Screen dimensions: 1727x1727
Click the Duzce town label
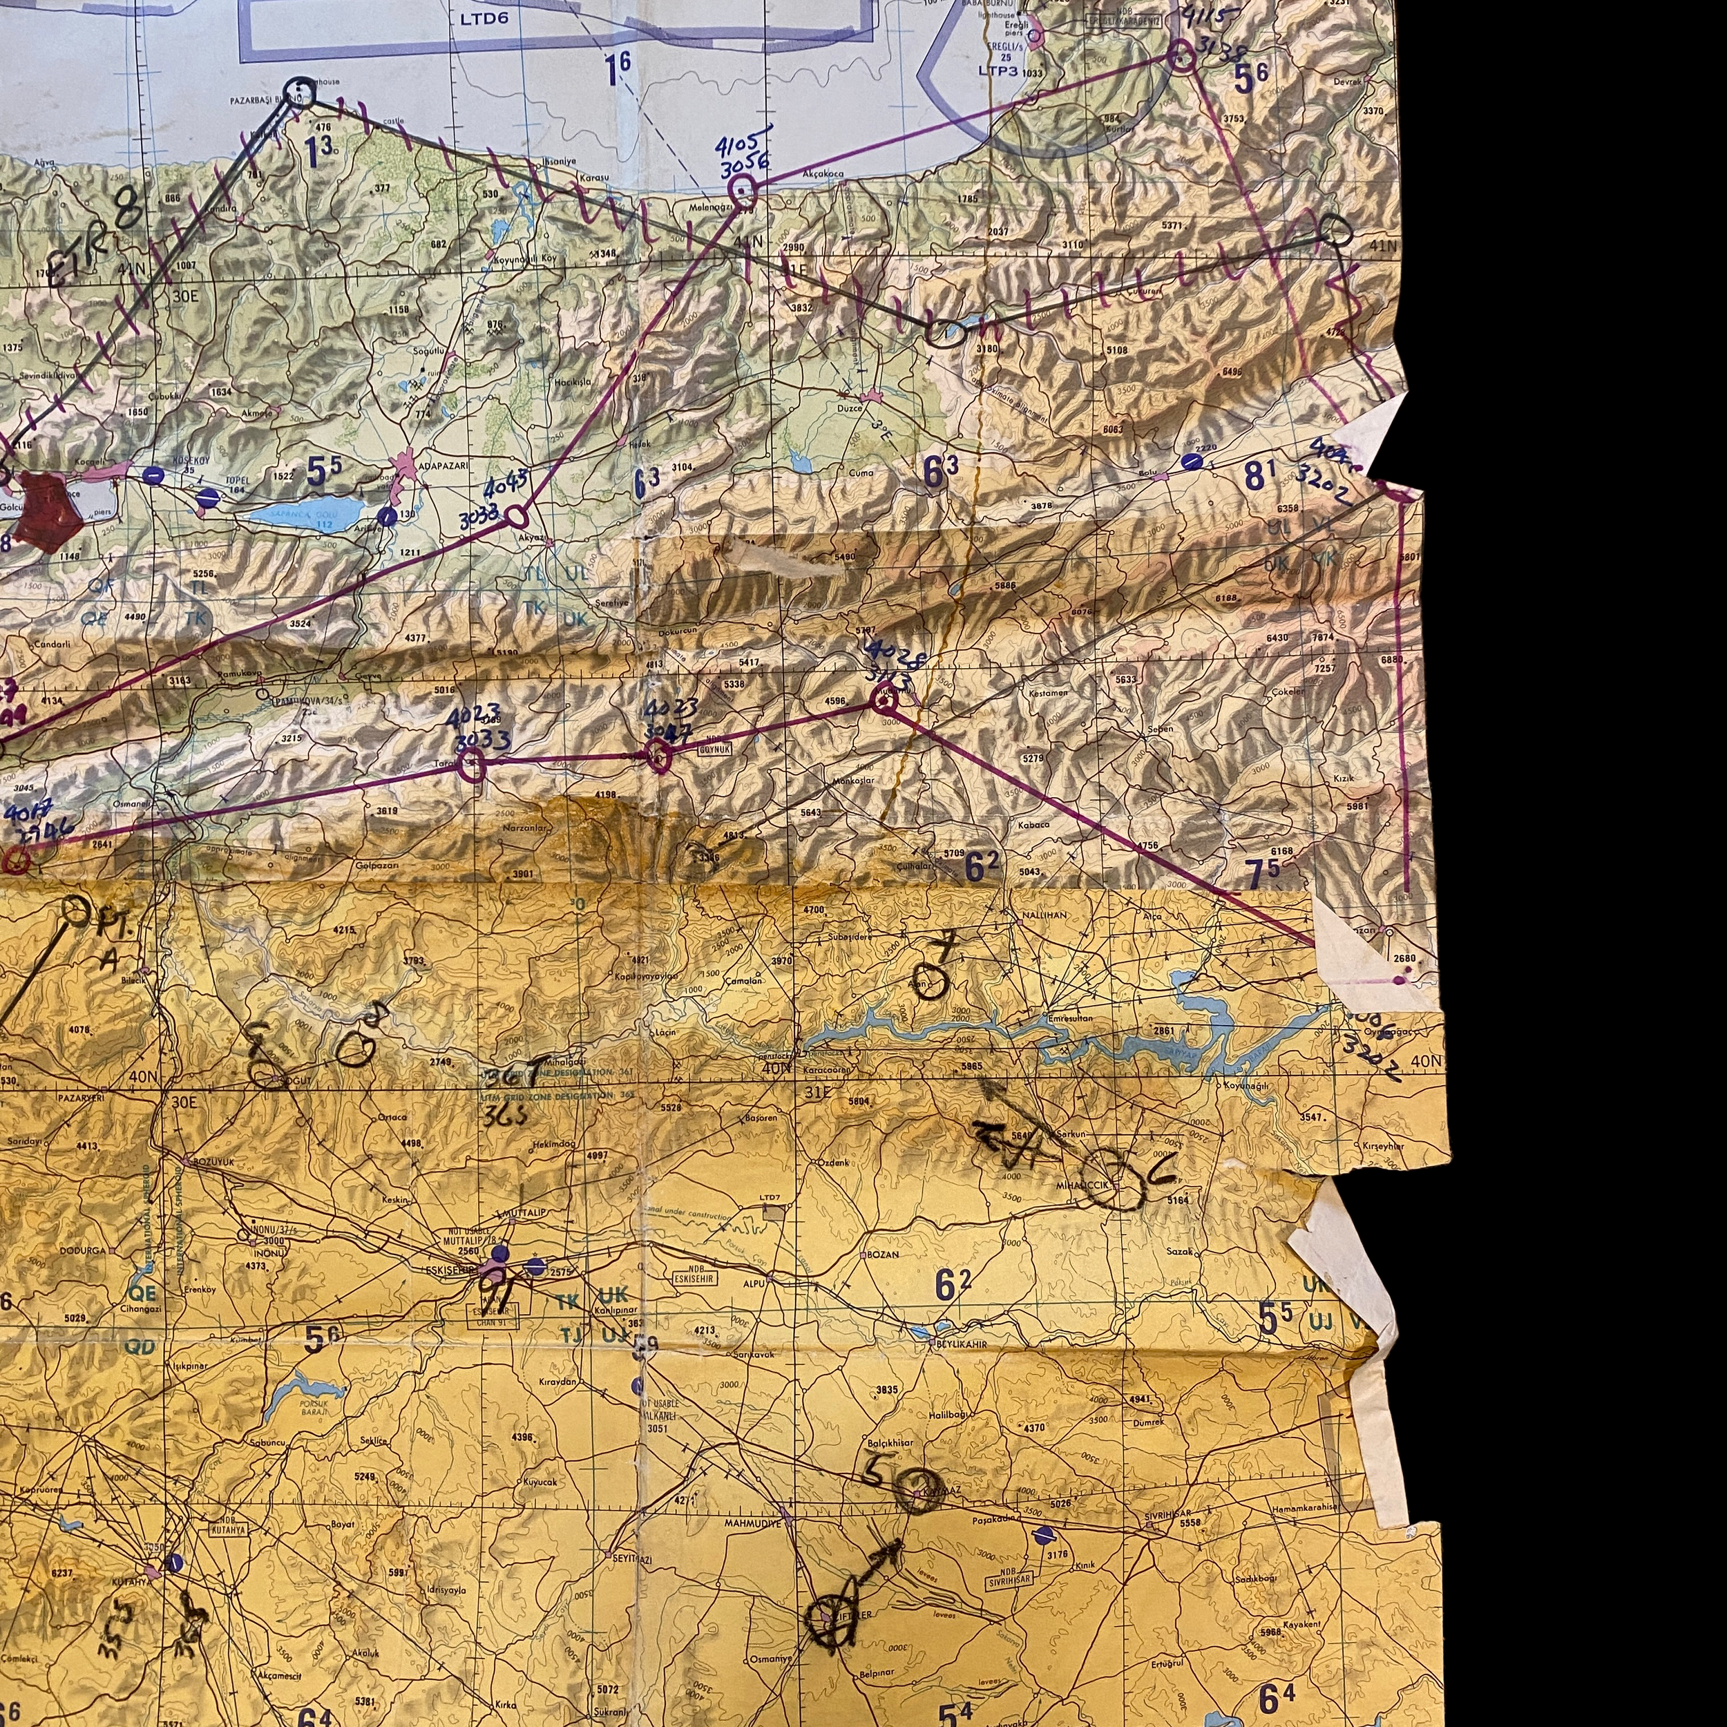(849, 408)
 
